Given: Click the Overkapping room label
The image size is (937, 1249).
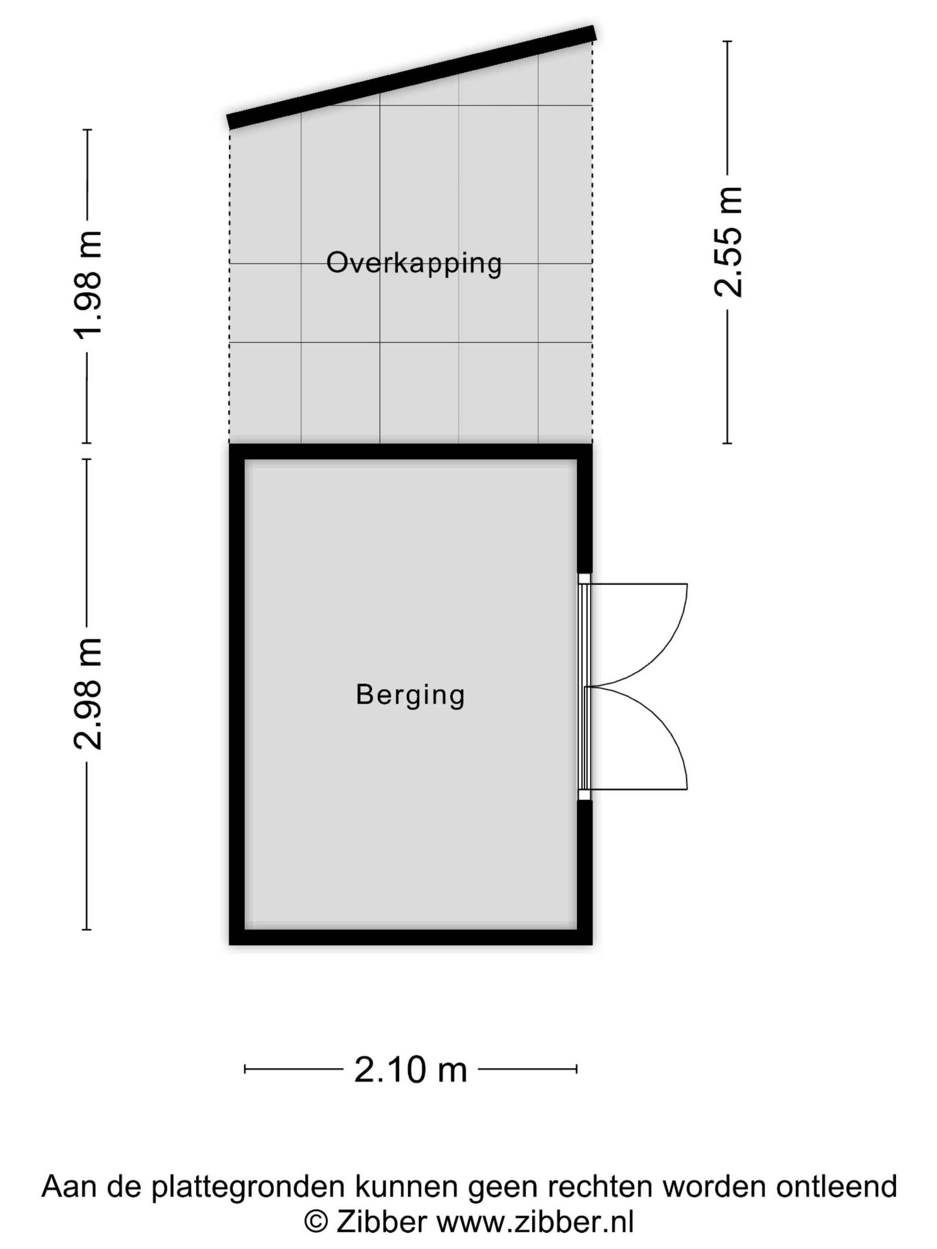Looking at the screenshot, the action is pyautogui.click(x=414, y=264).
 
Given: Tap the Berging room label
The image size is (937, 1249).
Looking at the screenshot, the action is pyautogui.click(x=410, y=695).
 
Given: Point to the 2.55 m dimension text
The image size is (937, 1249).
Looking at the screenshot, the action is pyautogui.click(x=727, y=242).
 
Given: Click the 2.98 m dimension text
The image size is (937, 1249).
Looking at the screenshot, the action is pyautogui.click(x=88, y=694).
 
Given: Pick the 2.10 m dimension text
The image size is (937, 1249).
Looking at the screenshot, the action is pyautogui.click(x=410, y=1069).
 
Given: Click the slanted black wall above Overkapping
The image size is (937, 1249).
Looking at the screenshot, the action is pyautogui.click(x=411, y=77).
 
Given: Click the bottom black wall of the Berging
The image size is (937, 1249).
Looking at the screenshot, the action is pyautogui.click(x=410, y=937).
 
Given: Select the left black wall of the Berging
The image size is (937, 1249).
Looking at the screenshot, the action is pyautogui.click(x=236, y=694).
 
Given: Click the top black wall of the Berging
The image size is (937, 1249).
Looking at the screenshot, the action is pyautogui.click(x=410, y=452).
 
